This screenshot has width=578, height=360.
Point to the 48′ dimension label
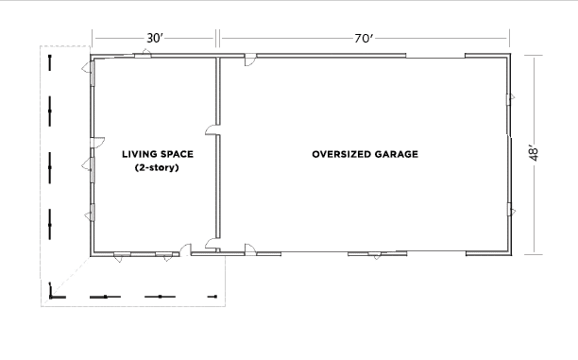tap(535, 153)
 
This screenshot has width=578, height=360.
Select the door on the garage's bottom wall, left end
tap(250, 249)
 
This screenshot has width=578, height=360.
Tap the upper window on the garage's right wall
tap(510, 98)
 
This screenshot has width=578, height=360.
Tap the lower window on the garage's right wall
tap(510, 209)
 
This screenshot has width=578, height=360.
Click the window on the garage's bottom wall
tap(376, 253)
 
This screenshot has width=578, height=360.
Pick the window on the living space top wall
tap(142, 57)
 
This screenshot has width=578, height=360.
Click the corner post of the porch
tap(53, 296)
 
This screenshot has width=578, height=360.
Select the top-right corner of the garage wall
tap(511, 58)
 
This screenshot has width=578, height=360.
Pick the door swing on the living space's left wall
tap(87, 163)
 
